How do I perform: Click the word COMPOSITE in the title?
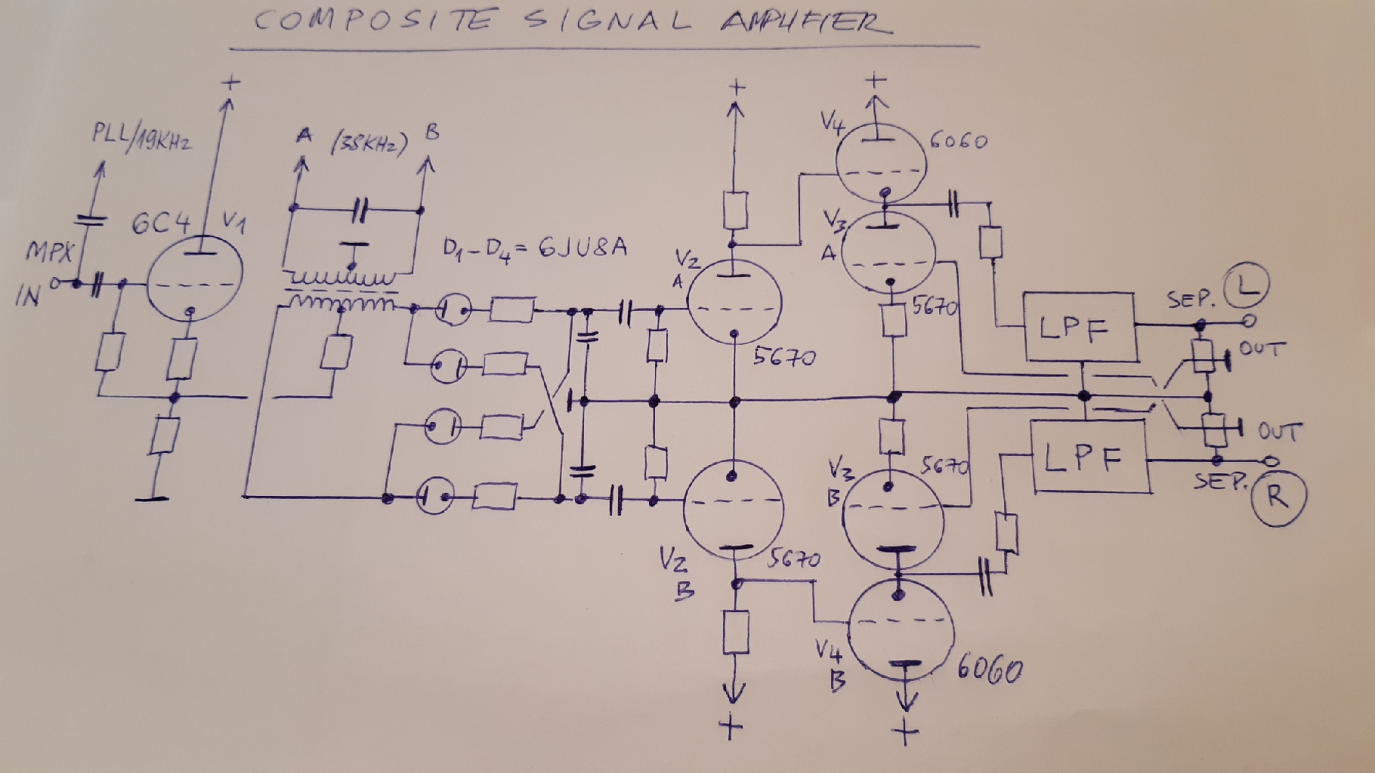(374, 20)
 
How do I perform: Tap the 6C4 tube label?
(160, 223)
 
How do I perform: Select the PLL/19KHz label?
(141, 137)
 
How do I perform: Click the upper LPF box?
(1080, 328)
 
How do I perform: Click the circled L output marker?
(1246, 285)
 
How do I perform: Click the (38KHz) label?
(369, 142)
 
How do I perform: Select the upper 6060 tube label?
(957, 141)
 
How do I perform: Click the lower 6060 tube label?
(990, 669)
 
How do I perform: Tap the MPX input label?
(48, 251)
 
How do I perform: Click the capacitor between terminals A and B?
(360, 209)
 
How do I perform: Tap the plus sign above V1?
(232, 82)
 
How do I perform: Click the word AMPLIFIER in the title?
(805, 22)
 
